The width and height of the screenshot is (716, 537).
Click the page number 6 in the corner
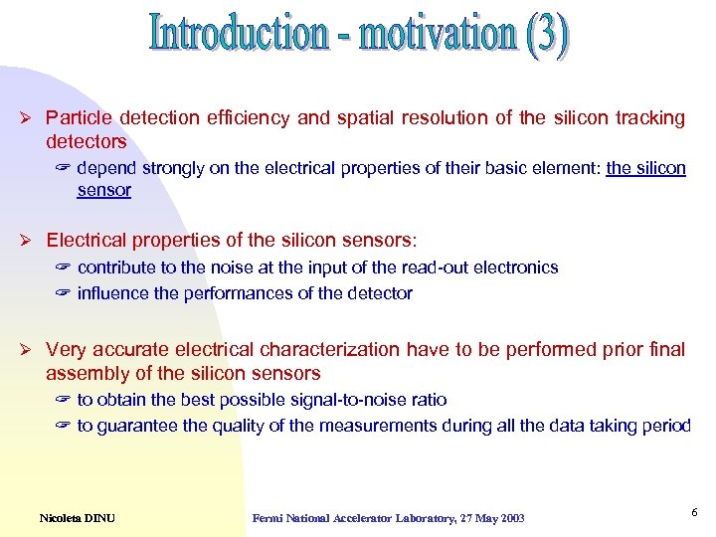coord(694,511)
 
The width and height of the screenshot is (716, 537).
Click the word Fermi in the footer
coord(268,518)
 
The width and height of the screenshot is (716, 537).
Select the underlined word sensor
coord(103,190)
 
